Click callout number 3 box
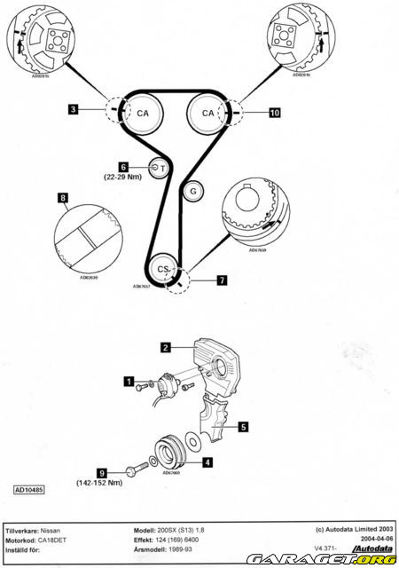[x=74, y=110]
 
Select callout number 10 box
[x=275, y=113]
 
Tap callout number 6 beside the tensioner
[x=124, y=166]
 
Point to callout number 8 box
[x=62, y=197]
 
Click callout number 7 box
[x=222, y=280]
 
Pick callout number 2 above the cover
[x=165, y=347]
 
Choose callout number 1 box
[x=129, y=383]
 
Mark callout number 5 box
[x=242, y=425]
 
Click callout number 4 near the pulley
[x=207, y=461]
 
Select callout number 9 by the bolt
[x=103, y=473]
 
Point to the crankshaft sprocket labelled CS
[x=162, y=268]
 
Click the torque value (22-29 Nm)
[x=123, y=177]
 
